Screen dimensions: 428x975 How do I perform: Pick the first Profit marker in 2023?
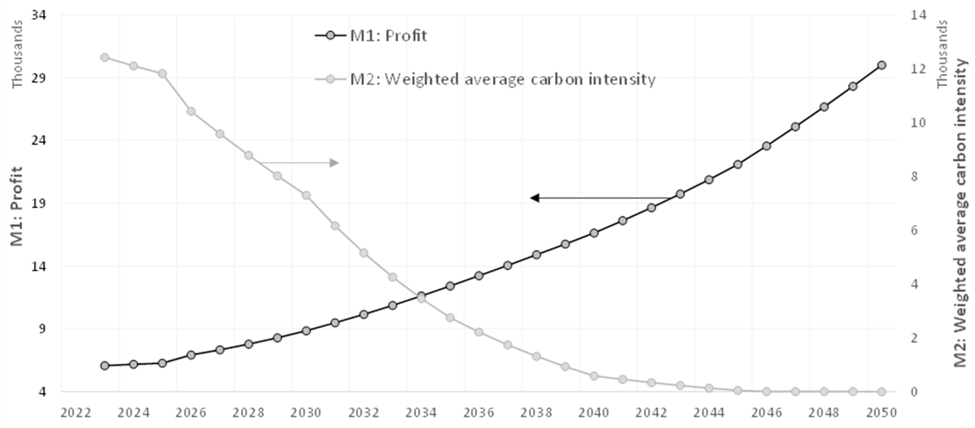click(105, 366)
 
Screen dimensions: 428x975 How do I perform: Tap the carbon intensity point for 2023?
click(105, 58)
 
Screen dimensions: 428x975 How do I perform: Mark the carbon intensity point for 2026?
click(191, 111)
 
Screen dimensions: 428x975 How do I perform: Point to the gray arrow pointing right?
click(299, 163)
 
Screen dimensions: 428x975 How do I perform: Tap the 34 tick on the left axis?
click(39, 15)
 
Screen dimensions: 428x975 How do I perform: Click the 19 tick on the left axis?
click(39, 203)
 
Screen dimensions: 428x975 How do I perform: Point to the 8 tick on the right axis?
click(914, 176)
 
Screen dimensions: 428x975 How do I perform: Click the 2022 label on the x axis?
click(76, 413)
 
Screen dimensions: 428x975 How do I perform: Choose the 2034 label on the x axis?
click(421, 413)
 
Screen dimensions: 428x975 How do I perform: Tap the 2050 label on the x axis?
click(882, 413)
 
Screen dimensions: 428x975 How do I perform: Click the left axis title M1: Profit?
click(16, 206)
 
